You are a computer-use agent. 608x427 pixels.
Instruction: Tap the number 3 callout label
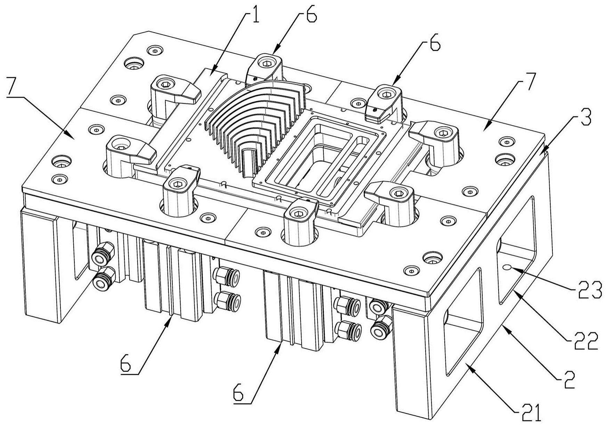click(584, 119)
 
